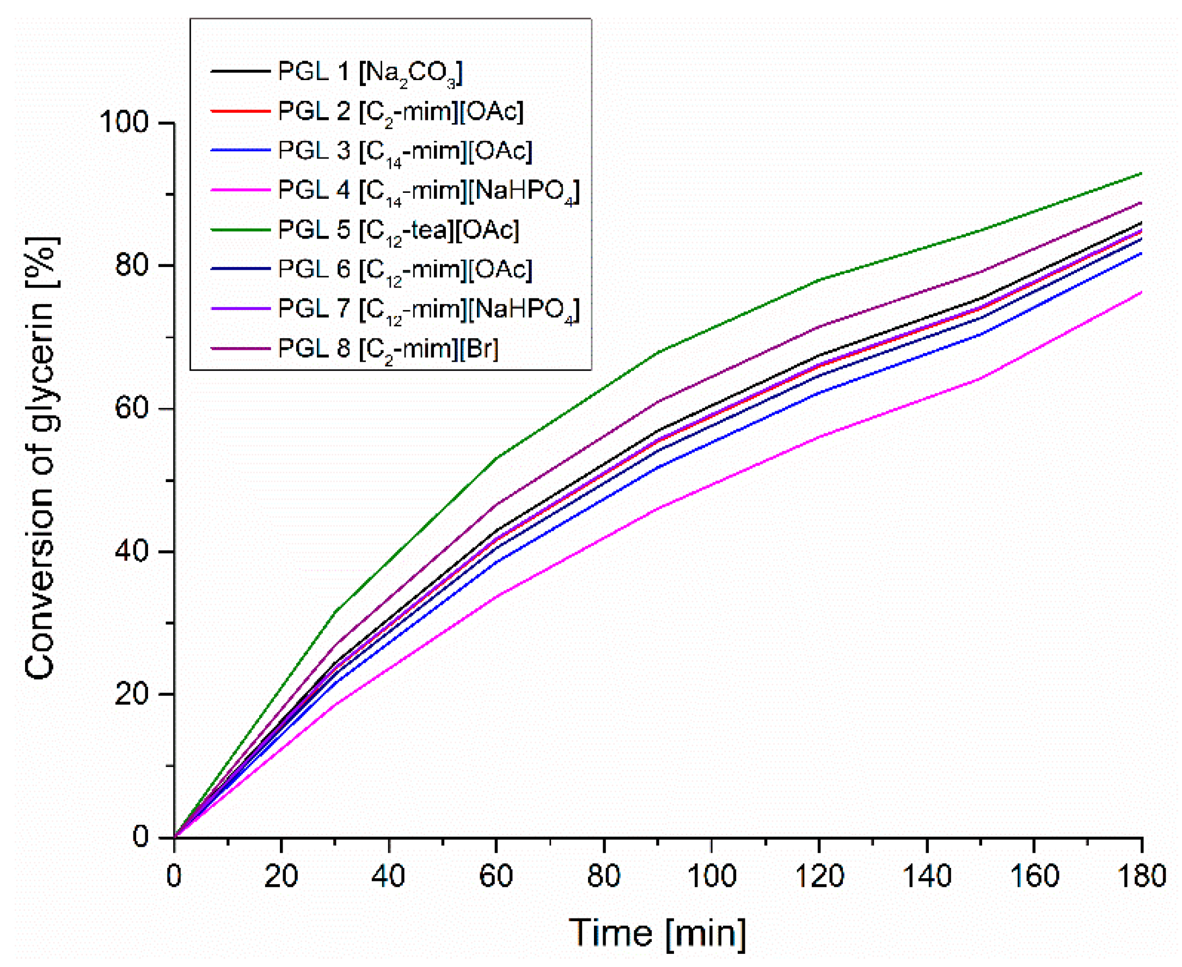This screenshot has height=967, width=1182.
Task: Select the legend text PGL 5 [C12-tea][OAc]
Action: [x=398, y=230]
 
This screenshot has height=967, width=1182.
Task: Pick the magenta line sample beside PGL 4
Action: [x=241, y=191]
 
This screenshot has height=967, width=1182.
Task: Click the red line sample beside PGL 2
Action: [x=241, y=111]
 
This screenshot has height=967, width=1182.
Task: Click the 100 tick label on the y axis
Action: [x=124, y=122]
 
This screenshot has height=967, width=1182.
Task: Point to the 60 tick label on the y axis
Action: [x=131, y=408]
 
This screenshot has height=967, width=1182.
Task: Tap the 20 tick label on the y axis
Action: [x=131, y=694]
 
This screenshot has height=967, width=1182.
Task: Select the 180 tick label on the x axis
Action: [x=1141, y=876]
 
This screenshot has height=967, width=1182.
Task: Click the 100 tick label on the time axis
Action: [x=712, y=876]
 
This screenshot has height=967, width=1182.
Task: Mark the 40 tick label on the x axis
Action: [x=388, y=876]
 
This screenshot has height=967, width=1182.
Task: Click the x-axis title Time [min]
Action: [x=657, y=933]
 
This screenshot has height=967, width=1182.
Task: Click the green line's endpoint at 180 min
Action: [x=1141, y=173]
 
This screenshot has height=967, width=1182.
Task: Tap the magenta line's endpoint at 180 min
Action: [x=1141, y=292]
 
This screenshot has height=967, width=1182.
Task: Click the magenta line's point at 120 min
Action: [x=819, y=436]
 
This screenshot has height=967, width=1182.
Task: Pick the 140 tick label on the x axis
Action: [x=927, y=876]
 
